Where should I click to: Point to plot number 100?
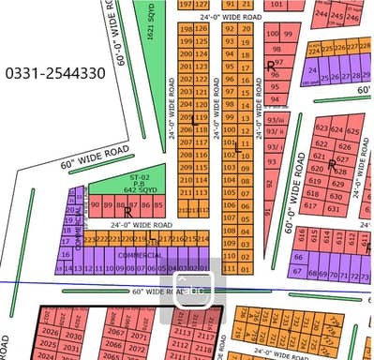(x=274, y=34)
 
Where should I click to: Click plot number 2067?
(x=116, y=333)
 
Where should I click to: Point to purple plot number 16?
(x=66, y=253)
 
